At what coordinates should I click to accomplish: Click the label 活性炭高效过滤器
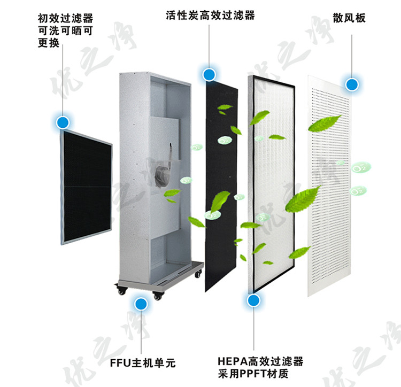(210, 16)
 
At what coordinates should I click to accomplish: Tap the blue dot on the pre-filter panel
(63, 122)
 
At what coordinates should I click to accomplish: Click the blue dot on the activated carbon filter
(209, 74)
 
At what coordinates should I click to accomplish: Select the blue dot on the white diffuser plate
(352, 84)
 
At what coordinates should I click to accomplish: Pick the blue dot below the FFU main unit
(141, 305)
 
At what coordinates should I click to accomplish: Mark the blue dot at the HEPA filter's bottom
(253, 300)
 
